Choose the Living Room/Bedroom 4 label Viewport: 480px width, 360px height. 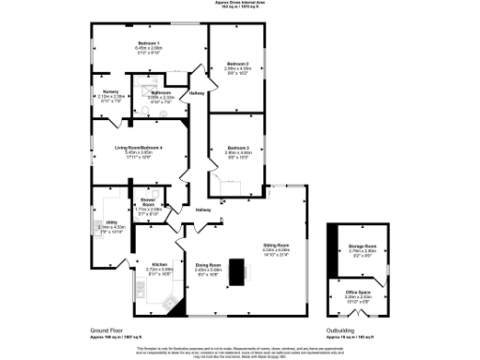click(139, 148)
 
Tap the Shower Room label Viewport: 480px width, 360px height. click(148, 201)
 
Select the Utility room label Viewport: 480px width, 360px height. click(111, 222)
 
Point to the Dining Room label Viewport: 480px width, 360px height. click(208, 265)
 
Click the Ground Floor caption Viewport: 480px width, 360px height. click(108, 331)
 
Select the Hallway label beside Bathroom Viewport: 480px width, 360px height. click(197, 93)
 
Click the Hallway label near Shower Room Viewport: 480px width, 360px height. click(203, 210)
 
